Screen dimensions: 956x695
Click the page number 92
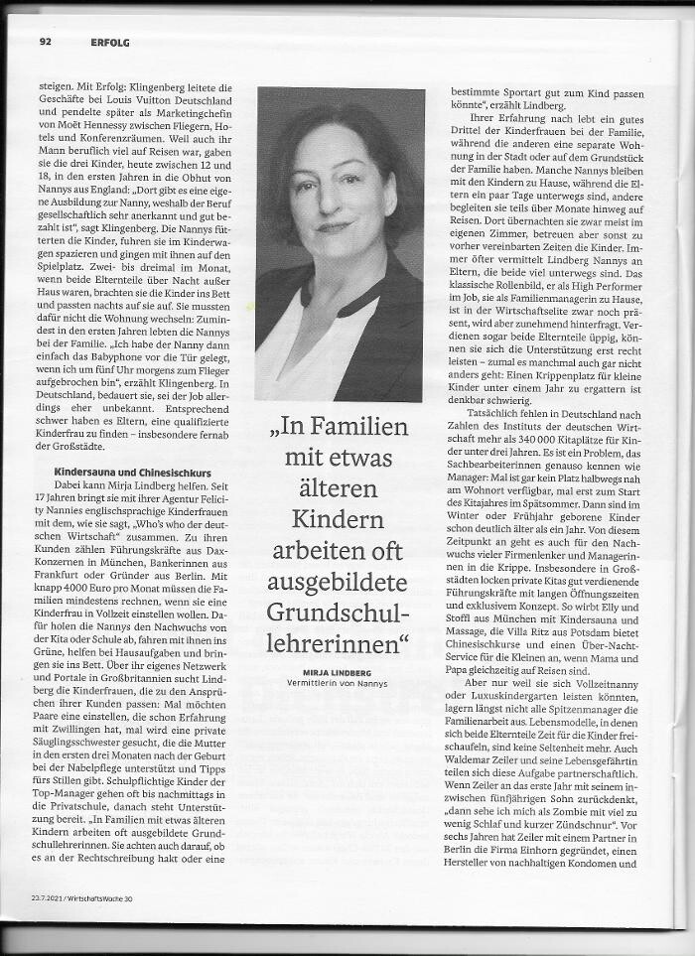46,42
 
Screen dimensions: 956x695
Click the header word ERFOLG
109,42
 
